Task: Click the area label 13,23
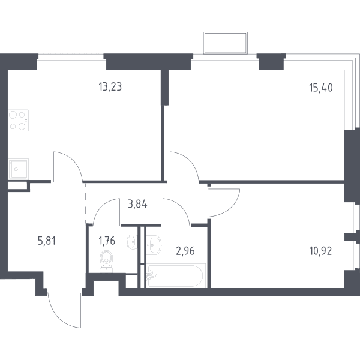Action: point(110,87)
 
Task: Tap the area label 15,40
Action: point(321,88)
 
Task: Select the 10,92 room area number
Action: point(320,251)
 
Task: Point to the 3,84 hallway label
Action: point(137,204)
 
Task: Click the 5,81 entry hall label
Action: point(47,241)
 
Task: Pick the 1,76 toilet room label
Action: point(107,241)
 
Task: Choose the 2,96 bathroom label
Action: point(185,251)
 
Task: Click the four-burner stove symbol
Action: point(19,121)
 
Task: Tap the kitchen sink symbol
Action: point(19,169)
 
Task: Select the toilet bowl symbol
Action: point(106,262)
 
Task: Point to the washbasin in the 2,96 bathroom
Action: point(154,245)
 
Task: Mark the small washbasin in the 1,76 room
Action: point(132,242)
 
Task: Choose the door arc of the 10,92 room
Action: point(231,208)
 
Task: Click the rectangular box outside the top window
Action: point(226,43)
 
